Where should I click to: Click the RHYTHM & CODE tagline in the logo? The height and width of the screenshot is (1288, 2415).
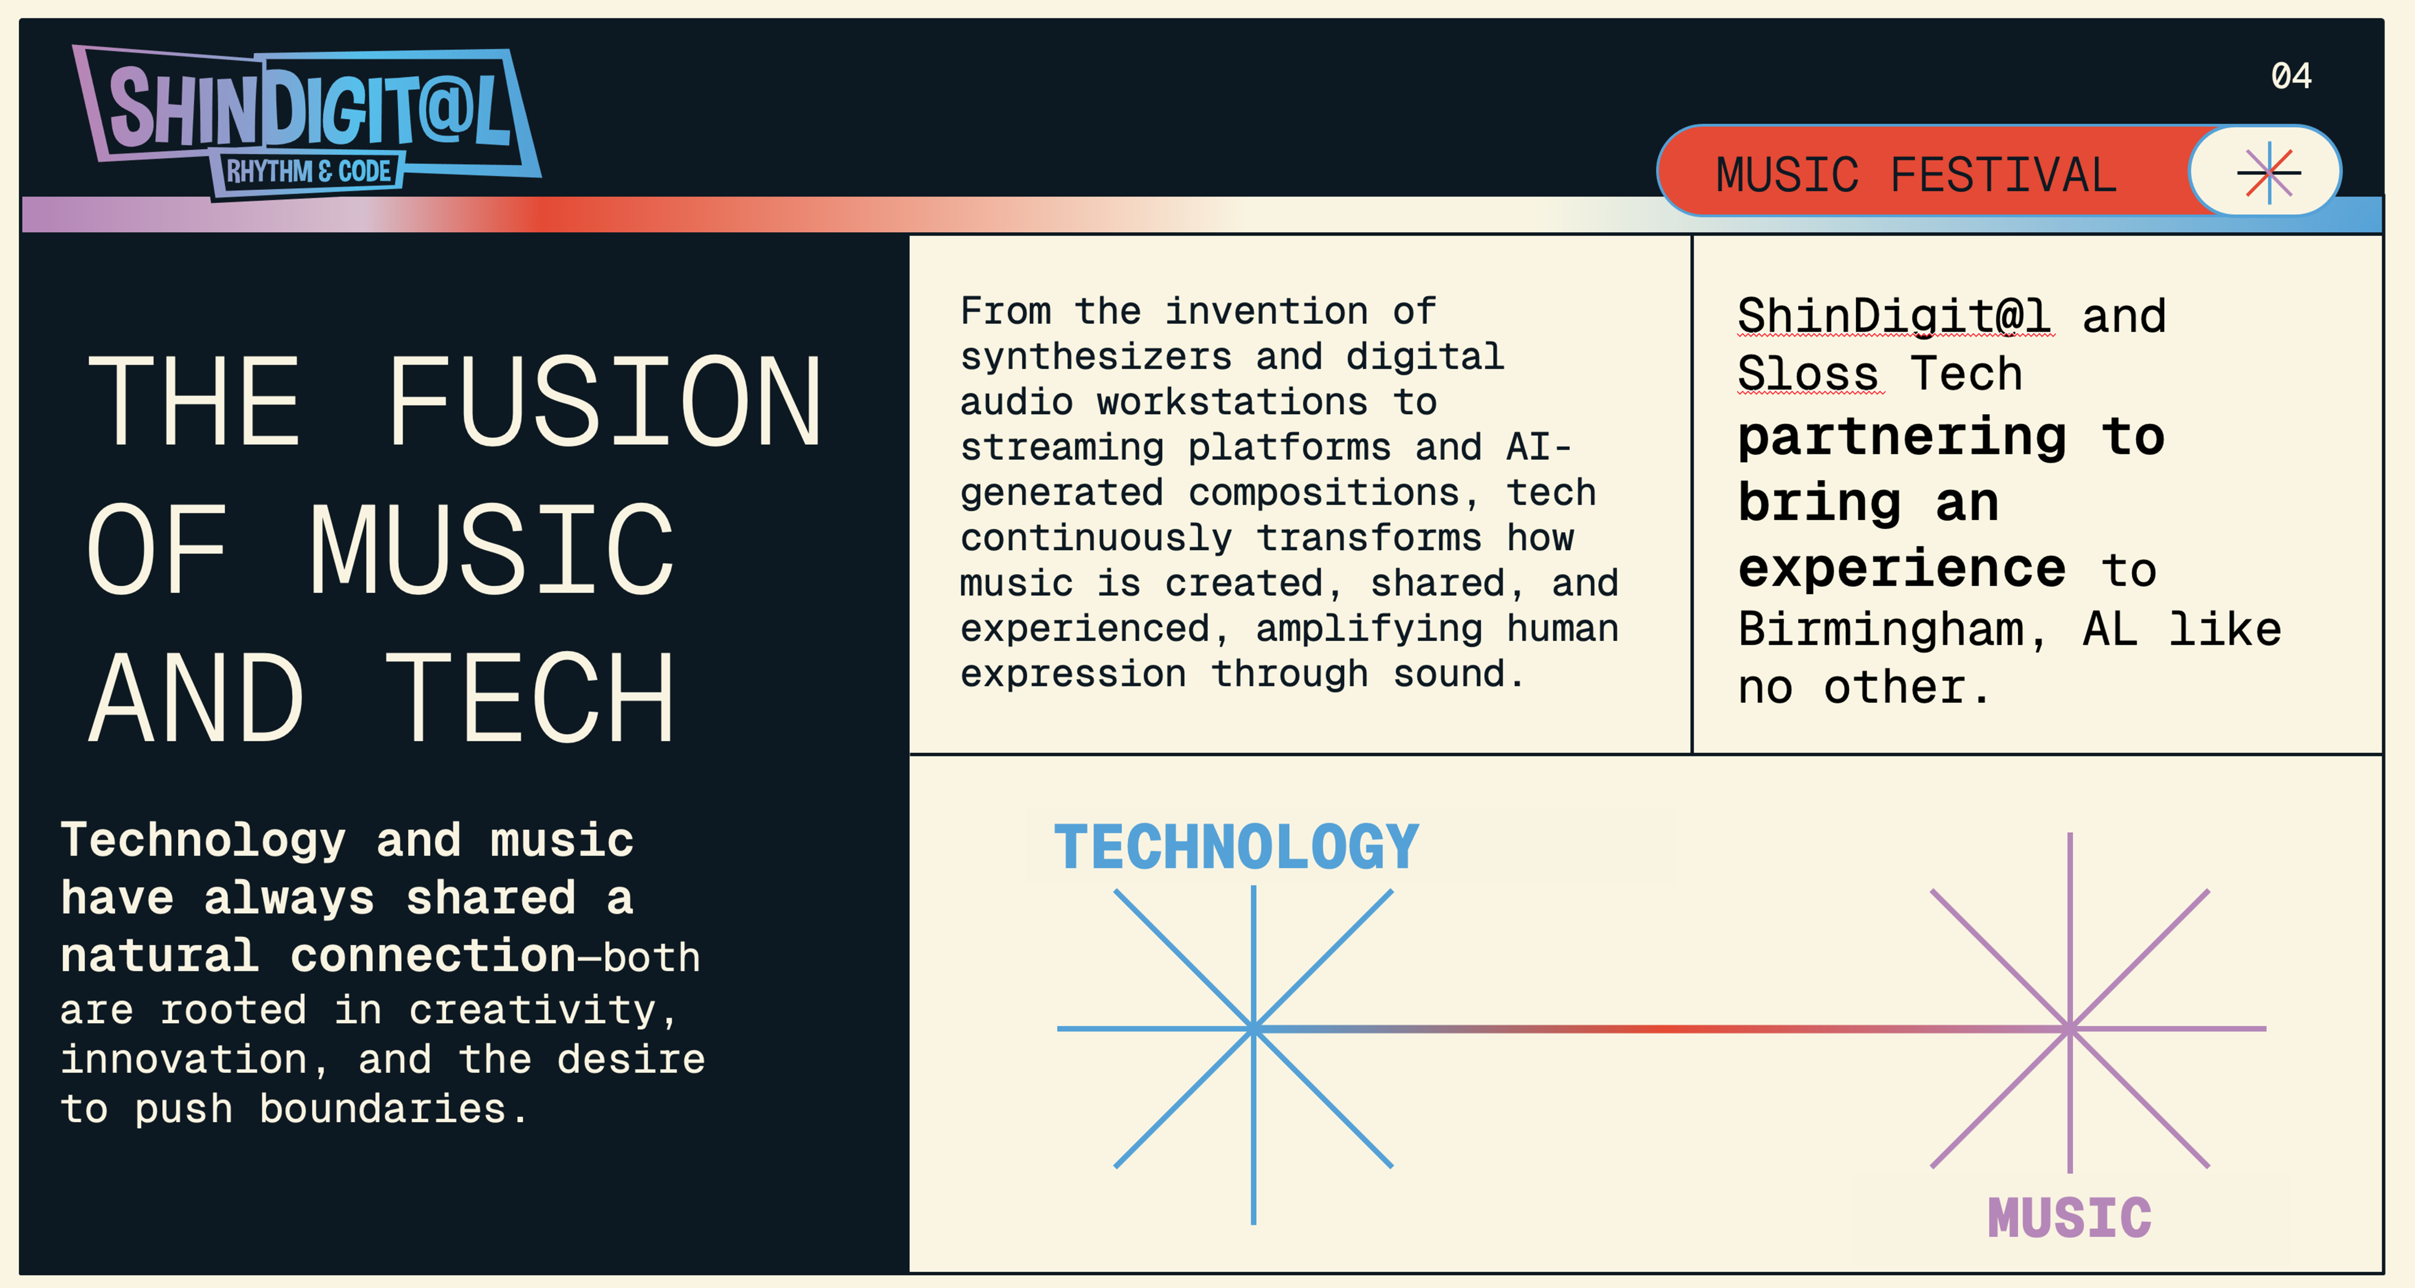[x=309, y=172]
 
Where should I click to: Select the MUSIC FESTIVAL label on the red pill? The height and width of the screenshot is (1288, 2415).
[x=1916, y=175]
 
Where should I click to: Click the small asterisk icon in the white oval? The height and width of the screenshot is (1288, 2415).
[x=2269, y=172]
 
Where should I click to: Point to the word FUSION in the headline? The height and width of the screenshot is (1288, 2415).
[x=605, y=401]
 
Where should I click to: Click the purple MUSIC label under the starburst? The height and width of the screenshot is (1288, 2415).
[x=2069, y=1219]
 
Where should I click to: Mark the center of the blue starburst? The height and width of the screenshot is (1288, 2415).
[x=1253, y=1028]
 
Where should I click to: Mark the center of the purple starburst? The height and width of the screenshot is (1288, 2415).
[x=2070, y=1028]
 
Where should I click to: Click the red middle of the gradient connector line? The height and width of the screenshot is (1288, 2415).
[x=1661, y=1028]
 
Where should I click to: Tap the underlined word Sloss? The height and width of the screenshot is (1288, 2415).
[x=1809, y=374]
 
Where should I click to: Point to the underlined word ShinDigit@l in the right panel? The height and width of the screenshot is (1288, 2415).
[x=1894, y=316]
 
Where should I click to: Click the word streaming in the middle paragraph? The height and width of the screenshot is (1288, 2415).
[x=1061, y=448]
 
